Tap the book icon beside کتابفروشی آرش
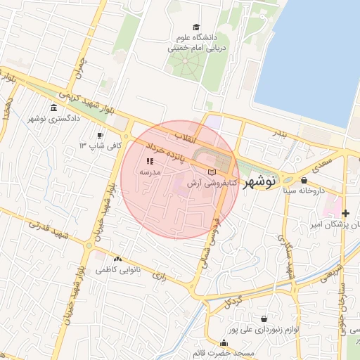click(x=213, y=172)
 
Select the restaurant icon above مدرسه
click(x=149, y=161)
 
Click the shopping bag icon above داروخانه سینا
click(x=303, y=180)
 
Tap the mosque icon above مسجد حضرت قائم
click(x=224, y=342)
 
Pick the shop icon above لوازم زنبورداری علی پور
click(x=263, y=319)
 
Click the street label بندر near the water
click(x=281, y=133)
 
